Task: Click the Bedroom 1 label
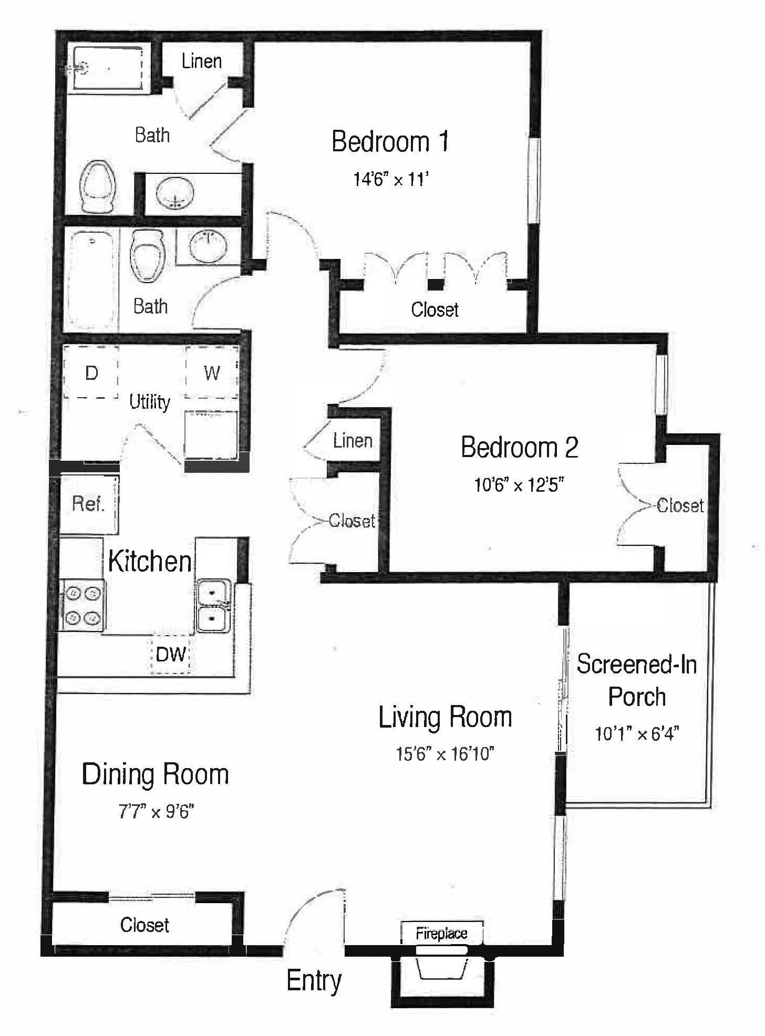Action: coord(390,142)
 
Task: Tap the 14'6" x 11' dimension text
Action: coord(391,180)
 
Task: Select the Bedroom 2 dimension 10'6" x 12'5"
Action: coord(519,484)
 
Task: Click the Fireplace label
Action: coord(441,934)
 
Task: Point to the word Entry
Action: coord(314,981)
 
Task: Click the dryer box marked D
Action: coord(91,373)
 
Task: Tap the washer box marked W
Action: coord(212,373)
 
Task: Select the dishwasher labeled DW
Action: coord(171,655)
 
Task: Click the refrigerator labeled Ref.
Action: coord(88,504)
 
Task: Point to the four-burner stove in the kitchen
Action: coord(83,605)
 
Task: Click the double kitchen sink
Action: coord(213,605)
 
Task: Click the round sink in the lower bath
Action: coord(209,246)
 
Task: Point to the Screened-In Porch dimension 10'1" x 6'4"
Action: coord(637,733)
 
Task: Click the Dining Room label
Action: coord(156,775)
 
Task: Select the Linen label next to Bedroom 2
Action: coord(353,441)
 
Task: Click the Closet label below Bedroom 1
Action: coord(435,310)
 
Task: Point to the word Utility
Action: coord(150,402)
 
